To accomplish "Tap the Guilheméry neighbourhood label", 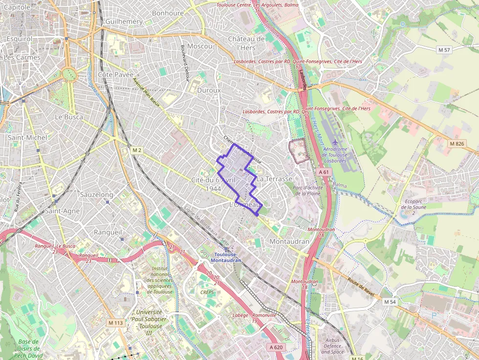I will (124, 21).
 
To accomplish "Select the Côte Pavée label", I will (115, 74).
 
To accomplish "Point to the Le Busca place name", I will (69, 117).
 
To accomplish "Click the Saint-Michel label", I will (27, 137).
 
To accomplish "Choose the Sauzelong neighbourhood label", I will (96, 194).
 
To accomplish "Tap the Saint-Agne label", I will (62, 211).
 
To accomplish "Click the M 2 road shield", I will (136, 150).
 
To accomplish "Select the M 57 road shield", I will (444, 50).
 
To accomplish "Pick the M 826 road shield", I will (457, 143).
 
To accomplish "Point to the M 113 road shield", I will (116, 323).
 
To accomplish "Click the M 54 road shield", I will (390, 302).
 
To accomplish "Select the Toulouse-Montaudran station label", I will (226, 257).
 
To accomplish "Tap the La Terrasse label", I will (274, 179).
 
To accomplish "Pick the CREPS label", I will (207, 292).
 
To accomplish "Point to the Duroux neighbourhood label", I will (209, 90).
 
